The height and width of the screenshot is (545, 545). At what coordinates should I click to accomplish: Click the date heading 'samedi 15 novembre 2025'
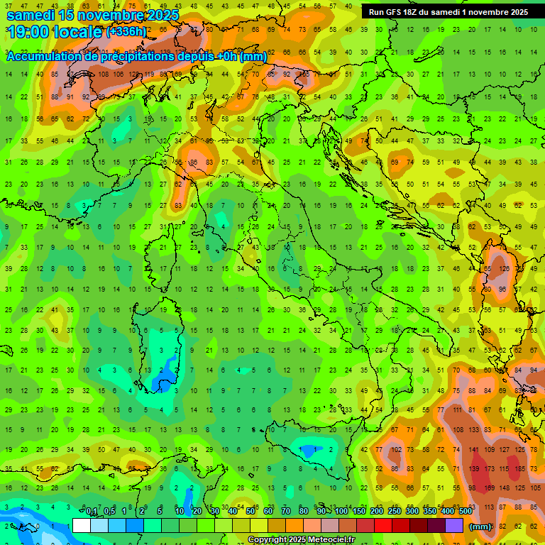[92, 14]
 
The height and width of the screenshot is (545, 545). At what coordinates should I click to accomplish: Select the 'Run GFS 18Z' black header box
[448, 12]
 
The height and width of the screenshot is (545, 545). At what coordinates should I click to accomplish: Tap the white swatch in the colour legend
[82, 526]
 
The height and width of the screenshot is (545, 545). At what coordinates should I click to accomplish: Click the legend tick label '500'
[465, 511]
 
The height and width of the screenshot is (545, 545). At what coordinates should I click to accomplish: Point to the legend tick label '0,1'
[92, 511]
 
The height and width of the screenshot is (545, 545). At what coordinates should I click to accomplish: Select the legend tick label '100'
[341, 511]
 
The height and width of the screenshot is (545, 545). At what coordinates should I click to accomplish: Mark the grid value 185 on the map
[522, 469]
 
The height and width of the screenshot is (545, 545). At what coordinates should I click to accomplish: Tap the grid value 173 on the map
[488, 469]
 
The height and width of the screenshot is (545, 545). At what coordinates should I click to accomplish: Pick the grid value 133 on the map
[472, 430]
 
